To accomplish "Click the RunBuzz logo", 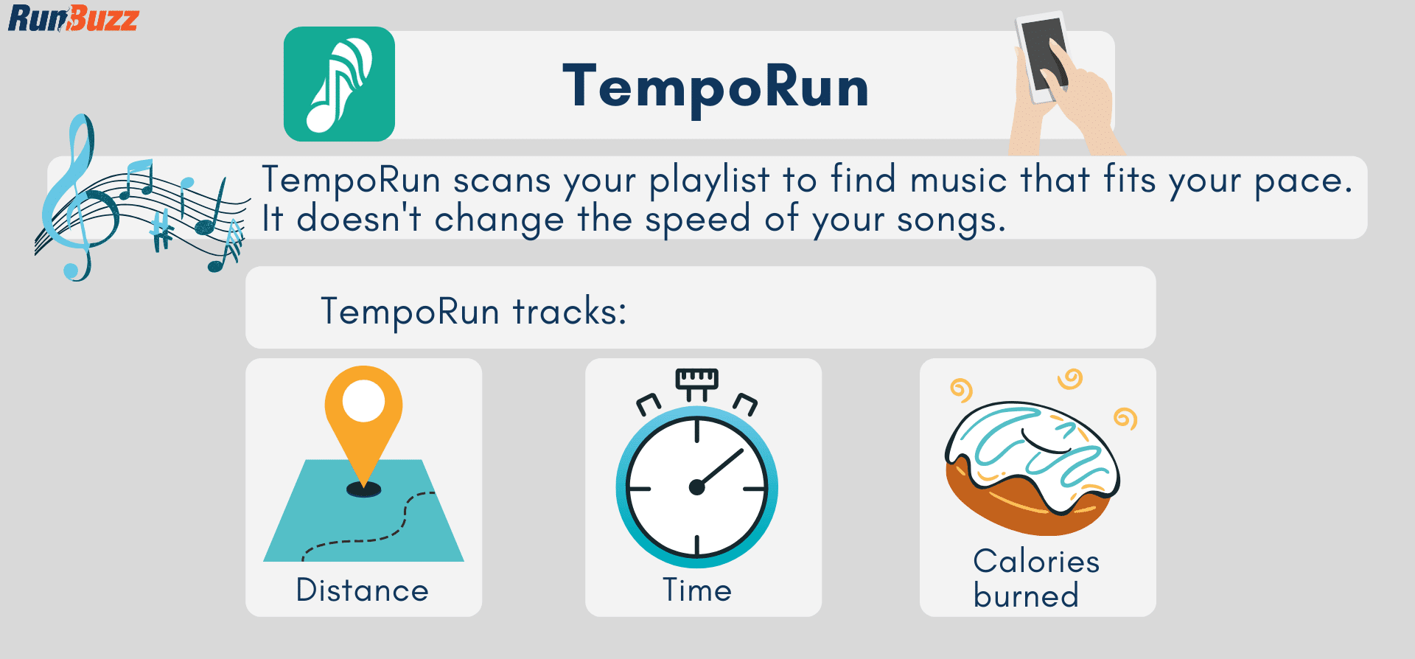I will (73, 18).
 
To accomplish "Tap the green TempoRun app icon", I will (339, 84).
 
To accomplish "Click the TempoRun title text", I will (716, 87).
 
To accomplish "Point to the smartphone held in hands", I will (1042, 55).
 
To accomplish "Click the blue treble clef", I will (74, 199).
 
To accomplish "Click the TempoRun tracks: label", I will (474, 311).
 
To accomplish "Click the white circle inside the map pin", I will (363, 402).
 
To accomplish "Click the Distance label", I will (362, 590).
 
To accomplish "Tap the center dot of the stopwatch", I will (696, 487).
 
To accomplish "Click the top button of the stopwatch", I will (696, 379).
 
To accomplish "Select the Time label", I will (696, 590).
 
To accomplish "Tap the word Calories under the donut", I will (1036, 562).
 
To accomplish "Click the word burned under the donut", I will (1026, 596).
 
